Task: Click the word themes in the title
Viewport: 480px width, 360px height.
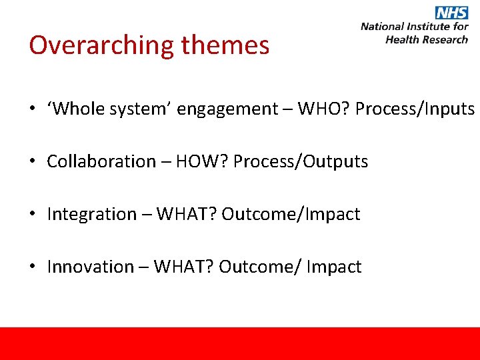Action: coord(225,45)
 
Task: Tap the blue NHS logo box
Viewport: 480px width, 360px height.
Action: coord(452,13)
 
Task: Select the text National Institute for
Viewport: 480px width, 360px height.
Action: coord(414,27)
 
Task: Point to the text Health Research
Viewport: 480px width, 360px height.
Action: coord(427,39)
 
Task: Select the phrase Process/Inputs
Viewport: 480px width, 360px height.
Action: coord(415,109)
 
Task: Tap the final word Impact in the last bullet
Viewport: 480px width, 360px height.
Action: coord(335,267)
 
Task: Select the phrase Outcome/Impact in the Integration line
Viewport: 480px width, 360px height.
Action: coord(291,214)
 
